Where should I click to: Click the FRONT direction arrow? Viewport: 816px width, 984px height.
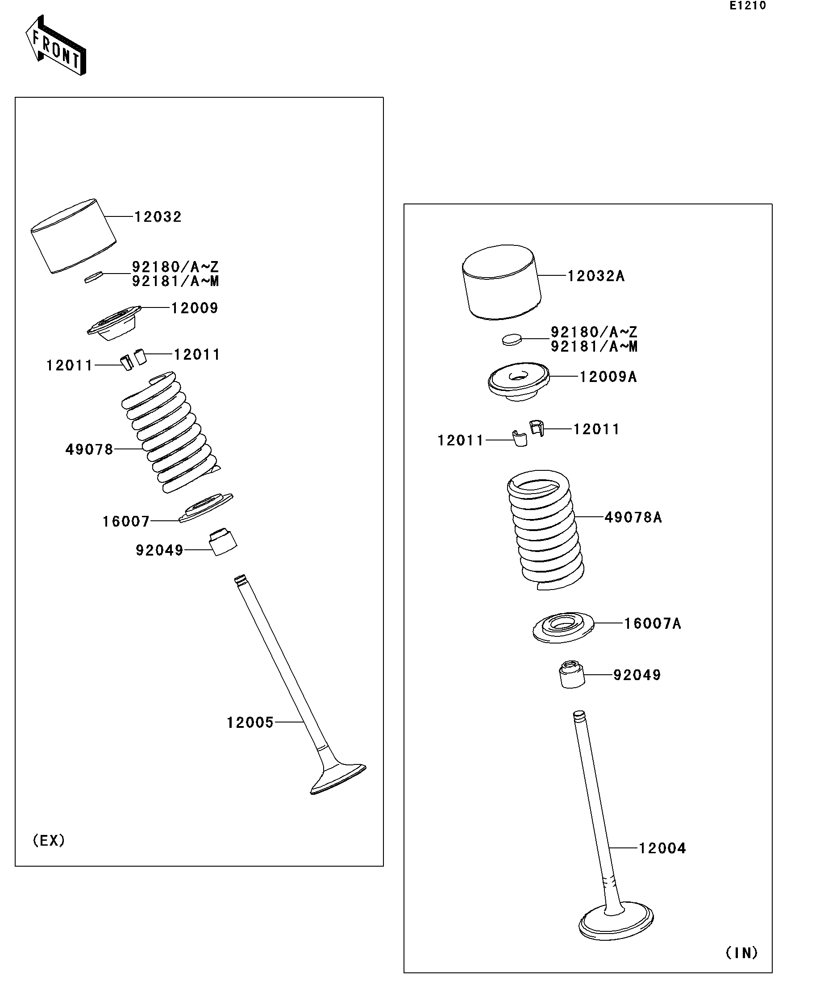[x=55, y=46]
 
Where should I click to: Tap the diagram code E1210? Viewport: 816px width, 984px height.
[x=747, y=6]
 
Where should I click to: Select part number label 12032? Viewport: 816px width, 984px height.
[x=158, y=216]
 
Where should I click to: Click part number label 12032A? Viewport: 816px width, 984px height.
[x=596, y=276]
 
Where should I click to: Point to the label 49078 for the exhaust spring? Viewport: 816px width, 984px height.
[x=89, y=449]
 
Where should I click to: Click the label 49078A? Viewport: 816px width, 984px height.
[x=633, y=517]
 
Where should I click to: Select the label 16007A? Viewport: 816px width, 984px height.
[x=652, y=623]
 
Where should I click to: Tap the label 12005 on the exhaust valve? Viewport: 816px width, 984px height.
[x=250, y=722]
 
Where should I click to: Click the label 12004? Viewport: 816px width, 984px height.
[x=662, y=848]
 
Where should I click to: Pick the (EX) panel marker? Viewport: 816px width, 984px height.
[x=49, y=841]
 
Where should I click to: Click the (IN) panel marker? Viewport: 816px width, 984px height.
[x=741, y=953]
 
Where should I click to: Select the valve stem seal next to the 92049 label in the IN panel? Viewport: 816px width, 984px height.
[x=572, y=675]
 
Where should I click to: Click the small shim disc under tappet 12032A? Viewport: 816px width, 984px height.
[x=512, y=339]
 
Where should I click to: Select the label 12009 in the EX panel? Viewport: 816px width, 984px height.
[x=195, y=308]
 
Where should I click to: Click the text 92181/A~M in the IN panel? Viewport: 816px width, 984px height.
[x=593, y=347]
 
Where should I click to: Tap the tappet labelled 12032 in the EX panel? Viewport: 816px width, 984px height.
[x=74, y=237]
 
